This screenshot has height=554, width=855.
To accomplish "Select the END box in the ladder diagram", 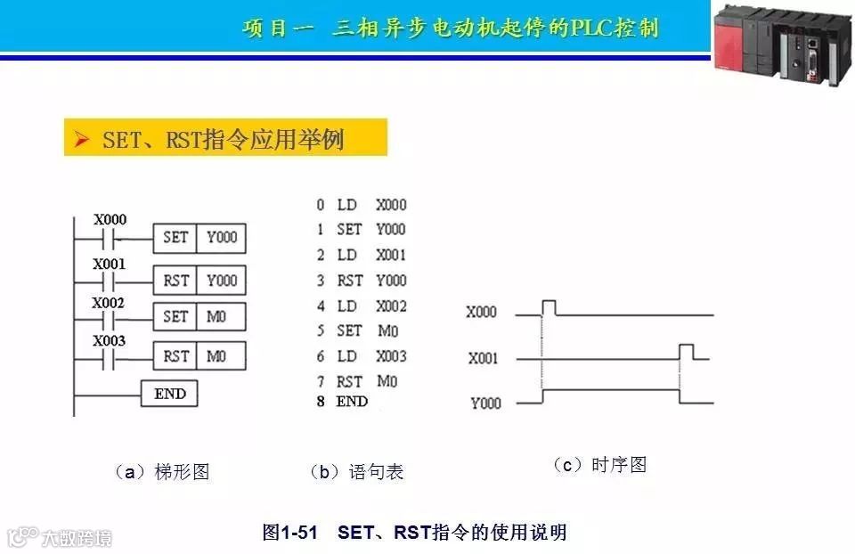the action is (169, 394).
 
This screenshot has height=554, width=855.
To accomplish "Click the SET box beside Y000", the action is (175, 238).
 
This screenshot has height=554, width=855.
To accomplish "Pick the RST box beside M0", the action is (175, 356).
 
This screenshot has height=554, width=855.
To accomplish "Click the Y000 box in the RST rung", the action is (222, 280).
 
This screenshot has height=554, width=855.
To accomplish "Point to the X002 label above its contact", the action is (110, 303).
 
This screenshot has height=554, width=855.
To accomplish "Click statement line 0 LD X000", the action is (361, 205).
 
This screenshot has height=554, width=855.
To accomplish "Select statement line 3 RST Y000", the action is (361, 281).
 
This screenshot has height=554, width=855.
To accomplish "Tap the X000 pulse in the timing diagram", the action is (549, 308).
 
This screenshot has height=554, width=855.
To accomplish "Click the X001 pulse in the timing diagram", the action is (686, 351).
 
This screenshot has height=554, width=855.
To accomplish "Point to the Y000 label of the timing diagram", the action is (485, 403).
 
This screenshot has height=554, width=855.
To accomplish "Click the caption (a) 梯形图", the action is (162, 472).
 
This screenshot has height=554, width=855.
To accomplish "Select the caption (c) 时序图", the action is (599, 465).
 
